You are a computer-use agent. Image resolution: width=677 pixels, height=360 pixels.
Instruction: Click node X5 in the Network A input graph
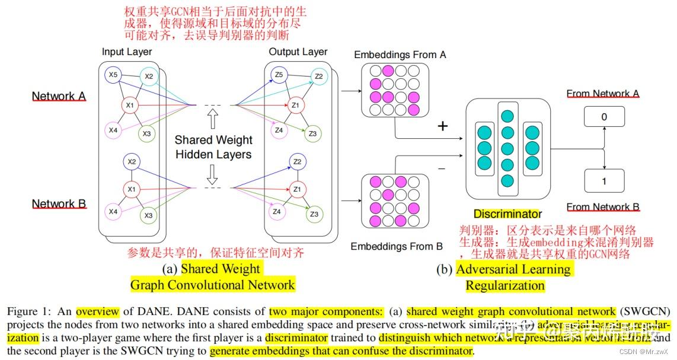[x=113, y=75]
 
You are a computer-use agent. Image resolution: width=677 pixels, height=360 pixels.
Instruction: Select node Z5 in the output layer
[x=279, y=75]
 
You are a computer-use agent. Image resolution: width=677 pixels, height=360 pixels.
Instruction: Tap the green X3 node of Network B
[x=148, y=215]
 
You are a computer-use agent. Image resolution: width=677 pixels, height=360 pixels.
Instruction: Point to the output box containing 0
[x=604, y=117]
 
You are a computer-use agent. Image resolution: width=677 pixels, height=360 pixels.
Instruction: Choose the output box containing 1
[x=604, y=181]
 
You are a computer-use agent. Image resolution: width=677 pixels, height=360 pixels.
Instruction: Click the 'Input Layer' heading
[x=127, y=52]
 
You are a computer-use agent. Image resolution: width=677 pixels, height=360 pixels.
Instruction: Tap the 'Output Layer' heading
[x=298, y=52]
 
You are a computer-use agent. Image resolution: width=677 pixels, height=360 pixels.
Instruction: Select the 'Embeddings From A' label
[x=400, y=55]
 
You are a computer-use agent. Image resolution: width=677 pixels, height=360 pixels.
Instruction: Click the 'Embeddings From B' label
[x=397, y=246]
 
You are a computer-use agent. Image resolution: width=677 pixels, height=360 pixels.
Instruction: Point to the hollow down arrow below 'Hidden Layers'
[x=213, y=173]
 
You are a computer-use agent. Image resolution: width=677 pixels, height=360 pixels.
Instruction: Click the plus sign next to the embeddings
[x=442, y=126]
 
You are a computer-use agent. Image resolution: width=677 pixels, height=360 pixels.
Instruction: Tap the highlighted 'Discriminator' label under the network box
[x=507, y=214]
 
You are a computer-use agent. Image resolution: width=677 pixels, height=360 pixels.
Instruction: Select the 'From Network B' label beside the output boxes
[x=603, y=207]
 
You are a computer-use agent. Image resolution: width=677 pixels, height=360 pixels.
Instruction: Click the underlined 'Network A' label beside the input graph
[x=59, y=96]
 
